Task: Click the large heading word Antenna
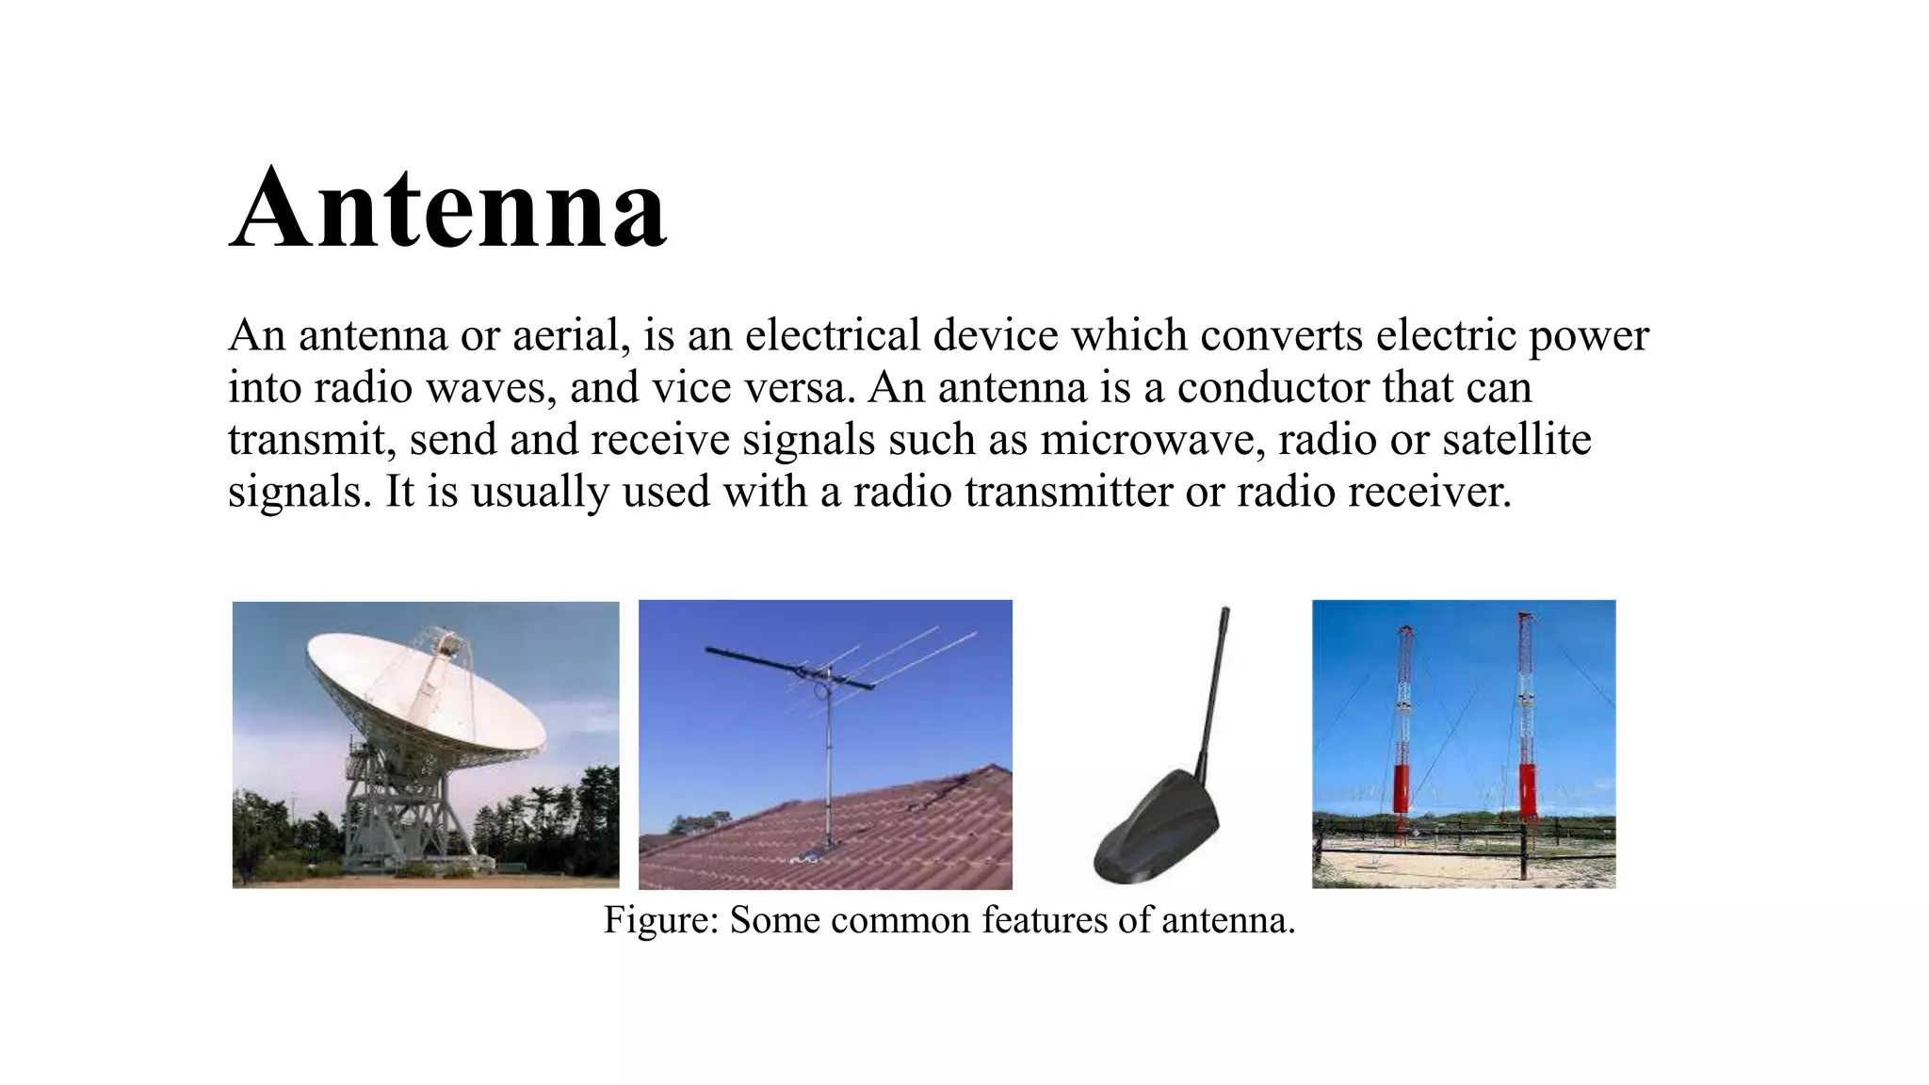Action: [x=448, y=209]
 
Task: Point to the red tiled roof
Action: [x=848, y=838]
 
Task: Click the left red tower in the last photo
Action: [x=1402, y=735]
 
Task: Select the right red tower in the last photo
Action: [x=1526, y=735]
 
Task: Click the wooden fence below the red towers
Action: [x=1460, y=833]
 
